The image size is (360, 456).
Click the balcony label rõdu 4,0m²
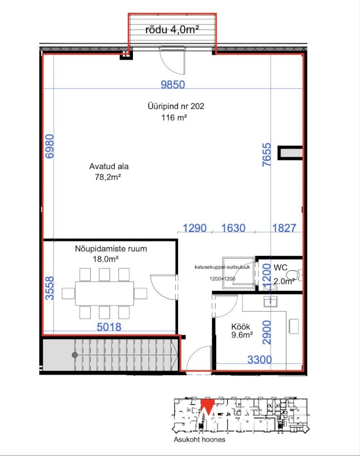tap(172, 30)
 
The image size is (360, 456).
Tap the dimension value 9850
tap(173, 84)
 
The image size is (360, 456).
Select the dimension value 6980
tap(50, 146)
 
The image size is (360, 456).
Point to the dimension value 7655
tap(266, 154)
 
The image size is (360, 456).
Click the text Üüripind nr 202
tap(176, 106)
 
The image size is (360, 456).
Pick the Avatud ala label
tap(109, 166)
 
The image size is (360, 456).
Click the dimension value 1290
tap(195, 228)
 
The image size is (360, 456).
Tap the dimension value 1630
tap(233, 228)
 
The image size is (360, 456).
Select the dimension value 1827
tap(284, 228)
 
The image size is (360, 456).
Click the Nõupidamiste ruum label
tap(111, 249)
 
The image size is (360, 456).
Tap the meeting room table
tap(104, 294)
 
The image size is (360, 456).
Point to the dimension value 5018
tap(109, 327)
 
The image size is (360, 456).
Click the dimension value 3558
tap(50, 288)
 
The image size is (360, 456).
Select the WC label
tap(281, 267)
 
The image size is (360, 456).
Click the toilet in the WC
tap(294, 275)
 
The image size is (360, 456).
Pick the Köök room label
tap(241, 326)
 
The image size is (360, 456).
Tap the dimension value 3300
tap(260, 360)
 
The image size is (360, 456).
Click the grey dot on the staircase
tap(75, 355)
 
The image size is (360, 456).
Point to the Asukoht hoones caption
tap(199, 439)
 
